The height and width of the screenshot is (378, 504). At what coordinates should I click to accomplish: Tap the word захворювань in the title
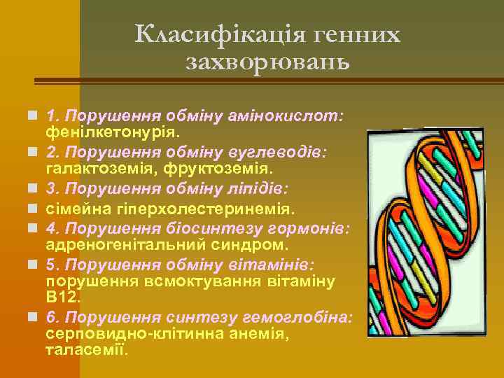(268, 63)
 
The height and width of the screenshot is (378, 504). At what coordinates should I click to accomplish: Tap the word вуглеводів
(286, 153)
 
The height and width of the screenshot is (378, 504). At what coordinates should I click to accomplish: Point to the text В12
(63, 297)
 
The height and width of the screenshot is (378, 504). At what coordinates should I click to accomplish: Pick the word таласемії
(87, 350)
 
